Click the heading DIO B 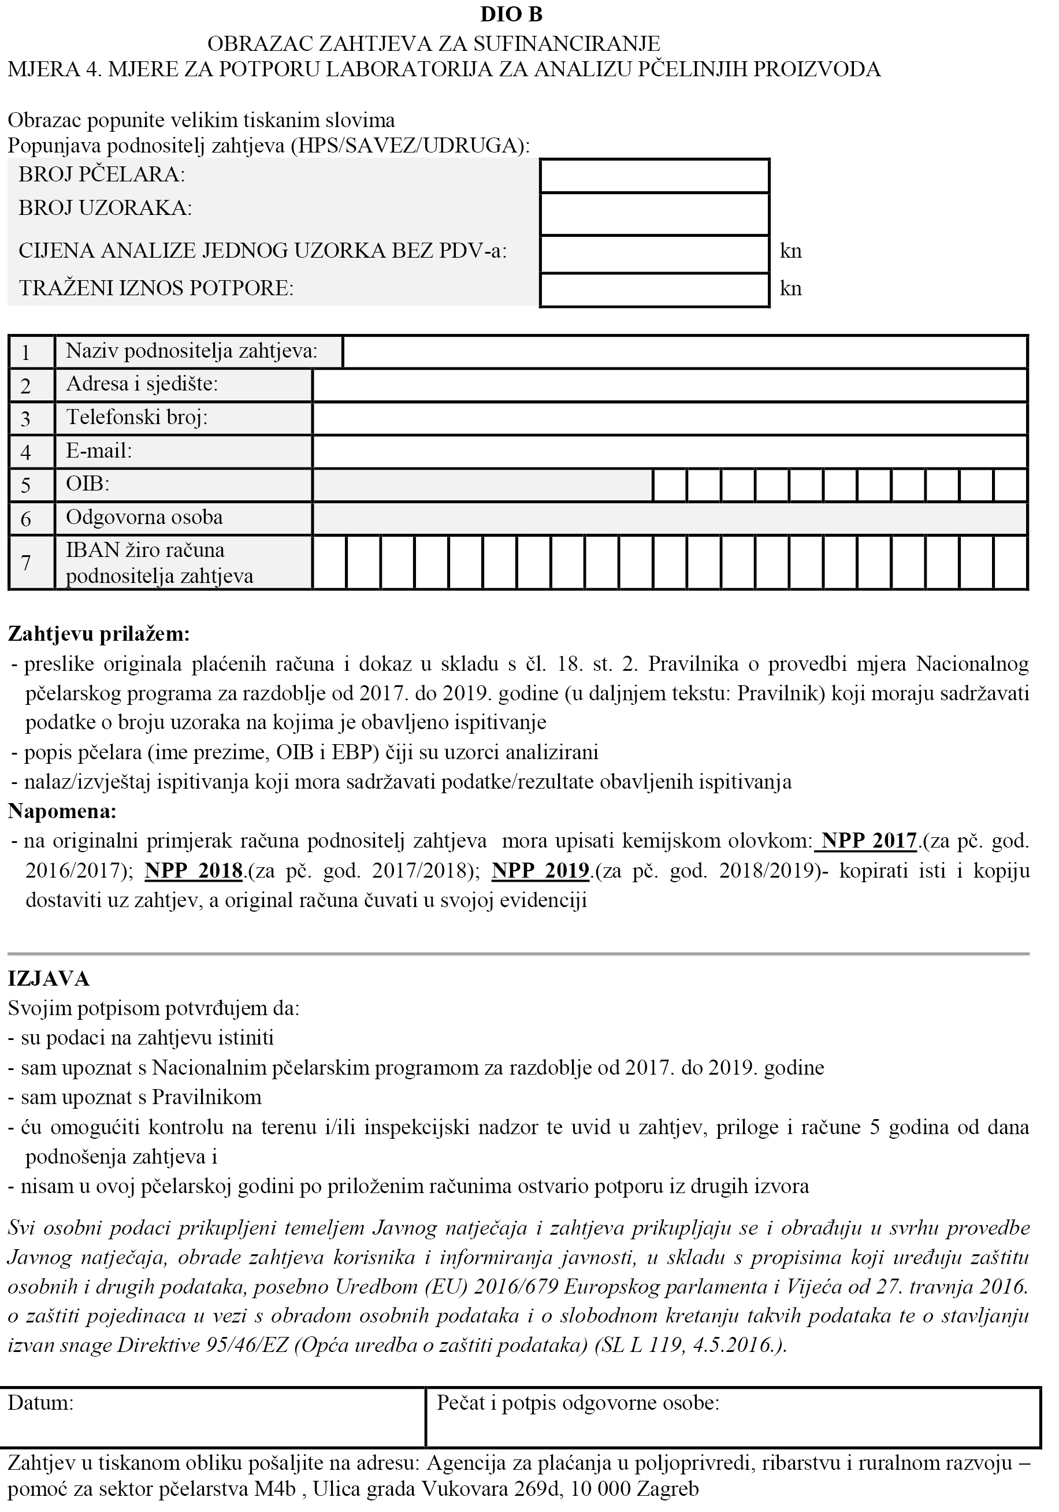511,14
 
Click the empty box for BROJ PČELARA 654,176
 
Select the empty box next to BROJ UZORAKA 654,213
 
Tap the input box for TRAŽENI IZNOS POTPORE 654,290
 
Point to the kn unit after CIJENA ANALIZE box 790,251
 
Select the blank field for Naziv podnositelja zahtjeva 685,352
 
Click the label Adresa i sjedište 142,384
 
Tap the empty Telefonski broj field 670,418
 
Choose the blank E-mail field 670,452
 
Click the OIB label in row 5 88,484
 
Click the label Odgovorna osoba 144,518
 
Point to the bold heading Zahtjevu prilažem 99,634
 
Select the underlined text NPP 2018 194,871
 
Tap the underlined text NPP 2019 540,871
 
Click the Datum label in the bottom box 40,1403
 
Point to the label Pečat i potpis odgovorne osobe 578,1403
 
